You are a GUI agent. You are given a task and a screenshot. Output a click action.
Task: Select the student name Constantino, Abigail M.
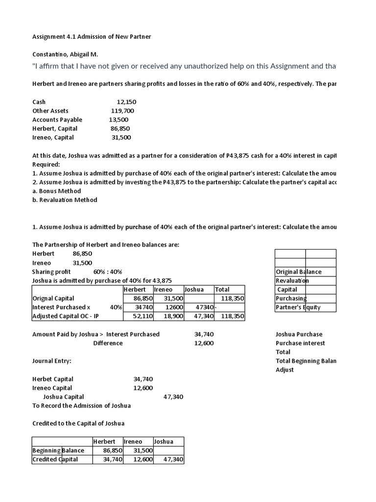coord(69,54)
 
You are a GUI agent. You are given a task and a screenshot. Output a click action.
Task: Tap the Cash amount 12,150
coord(126,102)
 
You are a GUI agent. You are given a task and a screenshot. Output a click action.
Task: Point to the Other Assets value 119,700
coord(122,111)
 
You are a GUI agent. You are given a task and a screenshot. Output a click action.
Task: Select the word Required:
coord(46,164)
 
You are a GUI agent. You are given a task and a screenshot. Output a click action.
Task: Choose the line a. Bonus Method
coord(57,191)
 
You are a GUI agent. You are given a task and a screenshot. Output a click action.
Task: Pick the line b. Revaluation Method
coord(65,200)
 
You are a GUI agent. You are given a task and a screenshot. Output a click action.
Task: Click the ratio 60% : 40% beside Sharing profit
coord(108,272)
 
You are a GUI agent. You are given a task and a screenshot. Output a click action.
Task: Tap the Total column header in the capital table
coord(222,289)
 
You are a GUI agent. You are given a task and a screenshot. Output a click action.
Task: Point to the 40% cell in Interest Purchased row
coord(116,307)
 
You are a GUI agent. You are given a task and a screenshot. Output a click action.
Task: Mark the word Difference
coord(108,343)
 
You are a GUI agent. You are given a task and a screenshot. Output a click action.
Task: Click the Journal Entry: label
coord(52,361)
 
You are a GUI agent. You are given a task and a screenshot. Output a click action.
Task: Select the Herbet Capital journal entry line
coord(53,379)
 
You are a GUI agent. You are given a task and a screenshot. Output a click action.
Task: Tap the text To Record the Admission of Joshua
coord(81,405)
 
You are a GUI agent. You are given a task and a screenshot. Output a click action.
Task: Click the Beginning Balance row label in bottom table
coord(58,451)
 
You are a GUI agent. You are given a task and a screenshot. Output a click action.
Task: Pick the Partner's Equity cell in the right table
coord(299,307)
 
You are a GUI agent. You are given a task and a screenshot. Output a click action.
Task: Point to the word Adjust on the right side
coord(285,370)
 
